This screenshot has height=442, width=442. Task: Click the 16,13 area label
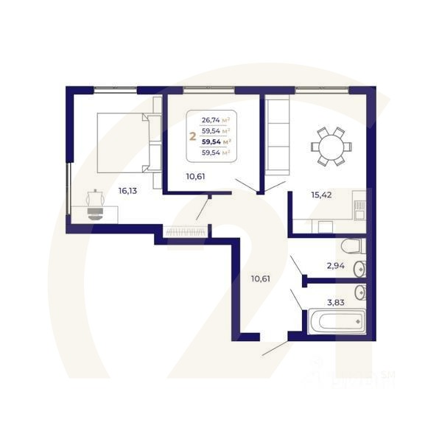(128, 190)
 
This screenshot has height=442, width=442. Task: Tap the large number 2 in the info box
(193, 136)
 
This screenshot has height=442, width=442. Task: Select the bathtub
(336, 321)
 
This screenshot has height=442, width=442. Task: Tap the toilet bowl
(352, 246)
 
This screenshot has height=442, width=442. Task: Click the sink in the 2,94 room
(359, 267)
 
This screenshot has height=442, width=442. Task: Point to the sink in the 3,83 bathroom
(359, 292)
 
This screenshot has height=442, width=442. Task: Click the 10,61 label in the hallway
(260, 278)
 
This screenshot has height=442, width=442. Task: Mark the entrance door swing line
(276, 348)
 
